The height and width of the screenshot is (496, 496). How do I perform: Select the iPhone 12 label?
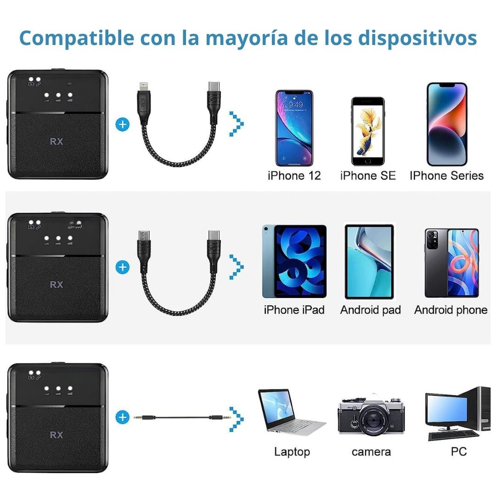294,175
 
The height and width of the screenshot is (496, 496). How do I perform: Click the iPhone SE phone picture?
368,131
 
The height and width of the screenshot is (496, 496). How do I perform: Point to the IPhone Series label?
446,175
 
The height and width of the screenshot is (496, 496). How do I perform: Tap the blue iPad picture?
294,261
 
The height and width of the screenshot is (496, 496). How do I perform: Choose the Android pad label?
370,310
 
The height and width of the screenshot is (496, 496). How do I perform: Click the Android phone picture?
451,262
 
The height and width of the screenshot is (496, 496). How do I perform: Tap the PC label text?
458,451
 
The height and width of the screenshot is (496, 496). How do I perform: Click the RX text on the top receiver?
56,141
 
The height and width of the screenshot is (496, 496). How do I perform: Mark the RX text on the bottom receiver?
56,434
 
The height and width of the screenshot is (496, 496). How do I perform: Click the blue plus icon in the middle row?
123,267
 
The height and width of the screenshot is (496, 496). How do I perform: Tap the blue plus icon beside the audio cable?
123,417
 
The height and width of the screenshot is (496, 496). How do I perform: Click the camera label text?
371,452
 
